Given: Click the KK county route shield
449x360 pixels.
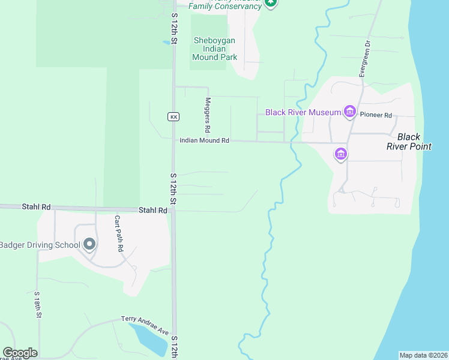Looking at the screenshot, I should click(x=173, y=116).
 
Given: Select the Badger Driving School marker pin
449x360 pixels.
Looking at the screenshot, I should click(x=89, y=244).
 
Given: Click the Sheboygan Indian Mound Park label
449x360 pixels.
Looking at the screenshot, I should click(x=214, y=49).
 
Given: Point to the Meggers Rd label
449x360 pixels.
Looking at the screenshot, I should click(x=208, y=115).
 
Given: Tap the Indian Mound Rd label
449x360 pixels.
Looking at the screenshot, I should click(x=204, y=140).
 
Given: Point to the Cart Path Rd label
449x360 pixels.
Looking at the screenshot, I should click(x=119, y=233).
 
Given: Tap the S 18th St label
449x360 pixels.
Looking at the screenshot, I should click(x=37, y=305).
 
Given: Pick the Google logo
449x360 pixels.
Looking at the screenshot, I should click(x=20, y=353).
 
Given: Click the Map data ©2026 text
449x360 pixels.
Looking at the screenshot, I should click(x=423, y=355).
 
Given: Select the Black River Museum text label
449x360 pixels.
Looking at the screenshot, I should click(x=303, y=112).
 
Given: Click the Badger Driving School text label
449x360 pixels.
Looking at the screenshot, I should click(x=40, y=245).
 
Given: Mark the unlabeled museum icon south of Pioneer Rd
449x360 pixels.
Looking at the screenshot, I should click(x=341, y=154).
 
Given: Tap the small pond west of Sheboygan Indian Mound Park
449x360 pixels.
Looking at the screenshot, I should click(x=166, y=43).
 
